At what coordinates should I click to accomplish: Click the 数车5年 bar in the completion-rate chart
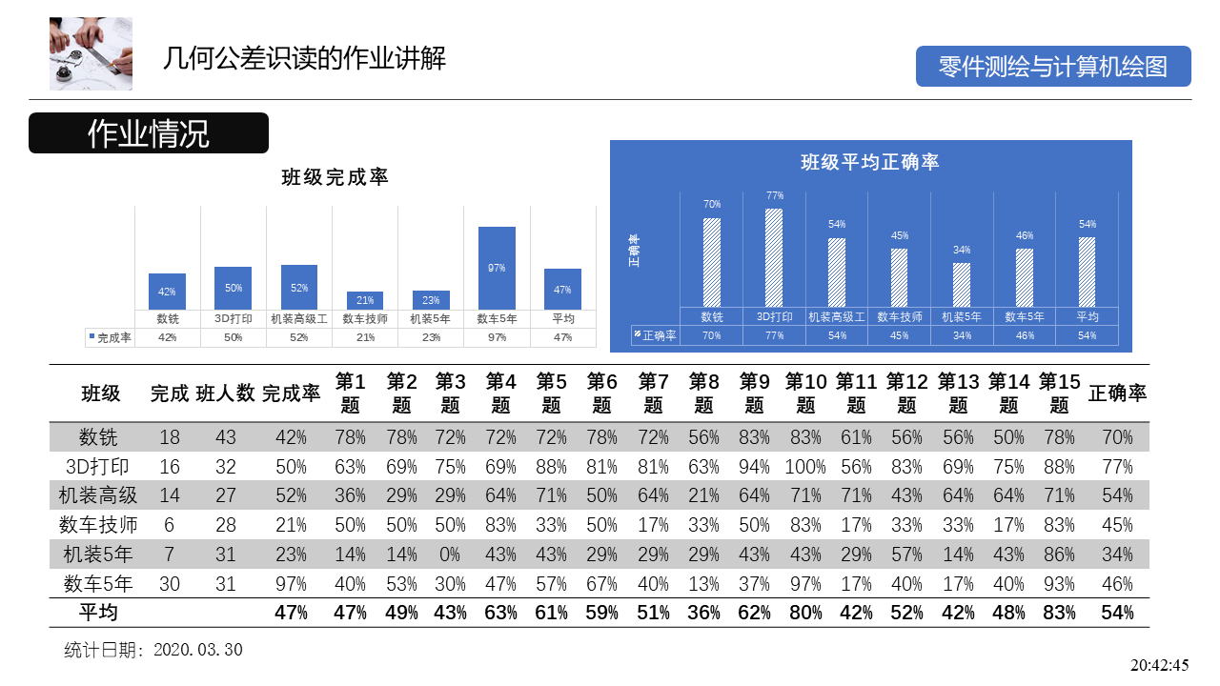click(497, 268)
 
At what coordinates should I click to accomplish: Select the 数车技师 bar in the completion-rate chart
click(365, 301)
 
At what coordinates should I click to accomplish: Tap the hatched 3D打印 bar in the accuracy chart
click(774, 258)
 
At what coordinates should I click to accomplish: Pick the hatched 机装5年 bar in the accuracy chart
click(962, 285)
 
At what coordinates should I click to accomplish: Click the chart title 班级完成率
click(335, 177)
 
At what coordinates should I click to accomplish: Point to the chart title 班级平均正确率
click(870, 162)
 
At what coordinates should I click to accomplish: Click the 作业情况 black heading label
click(149, 133)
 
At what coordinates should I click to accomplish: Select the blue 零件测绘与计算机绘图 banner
click(1053, 67)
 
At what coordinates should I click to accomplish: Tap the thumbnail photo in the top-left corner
click(91, 53)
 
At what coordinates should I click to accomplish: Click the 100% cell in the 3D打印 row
click(805, 467)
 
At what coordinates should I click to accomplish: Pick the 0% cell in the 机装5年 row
click(450, 555)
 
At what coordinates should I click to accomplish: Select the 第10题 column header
click(805, 393)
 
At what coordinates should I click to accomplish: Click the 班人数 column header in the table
click(226, 393)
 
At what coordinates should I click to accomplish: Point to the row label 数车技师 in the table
click(98, 525)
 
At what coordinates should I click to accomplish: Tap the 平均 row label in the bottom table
click(98, 613)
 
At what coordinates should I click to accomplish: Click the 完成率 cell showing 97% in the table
click(291, 584)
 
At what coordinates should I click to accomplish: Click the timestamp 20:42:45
click(1160, 665)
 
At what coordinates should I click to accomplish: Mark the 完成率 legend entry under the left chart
click(110, 337)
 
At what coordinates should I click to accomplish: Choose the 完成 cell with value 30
click(170, 584)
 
